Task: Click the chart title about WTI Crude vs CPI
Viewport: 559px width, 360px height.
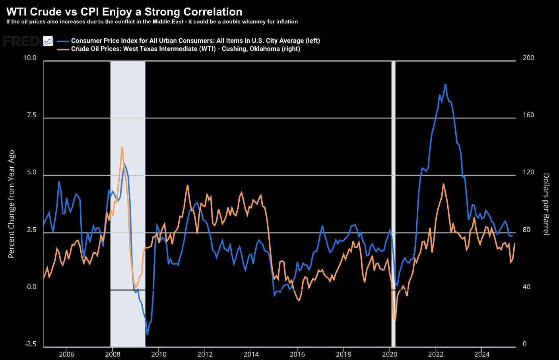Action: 124,12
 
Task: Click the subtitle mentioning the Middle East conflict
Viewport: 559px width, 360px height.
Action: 152,22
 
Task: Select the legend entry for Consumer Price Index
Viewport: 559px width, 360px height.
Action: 195,41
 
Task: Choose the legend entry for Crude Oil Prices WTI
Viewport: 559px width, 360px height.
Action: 185,49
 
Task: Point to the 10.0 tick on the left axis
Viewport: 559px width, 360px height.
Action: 30,58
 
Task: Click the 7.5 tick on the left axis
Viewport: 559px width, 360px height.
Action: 31,115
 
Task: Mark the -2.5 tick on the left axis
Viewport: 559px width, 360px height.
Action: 31,344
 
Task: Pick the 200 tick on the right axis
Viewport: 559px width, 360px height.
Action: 528,58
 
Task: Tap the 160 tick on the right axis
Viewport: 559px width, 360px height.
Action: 528,115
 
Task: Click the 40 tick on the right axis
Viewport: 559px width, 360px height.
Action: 526,287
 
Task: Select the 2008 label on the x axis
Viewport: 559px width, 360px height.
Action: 113,354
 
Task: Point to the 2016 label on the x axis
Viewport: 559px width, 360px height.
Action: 297,354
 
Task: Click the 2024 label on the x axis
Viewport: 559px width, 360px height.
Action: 482,354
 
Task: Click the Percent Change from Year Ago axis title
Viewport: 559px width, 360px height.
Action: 12,204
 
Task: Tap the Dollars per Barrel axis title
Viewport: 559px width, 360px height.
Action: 546,204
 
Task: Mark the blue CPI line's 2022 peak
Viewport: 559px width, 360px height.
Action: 445,84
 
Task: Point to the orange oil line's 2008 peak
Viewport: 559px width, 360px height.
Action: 122,147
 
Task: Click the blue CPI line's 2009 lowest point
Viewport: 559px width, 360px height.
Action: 147,334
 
